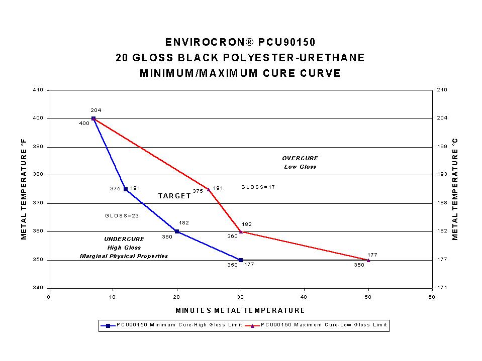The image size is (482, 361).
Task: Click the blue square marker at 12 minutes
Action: pyautogui.click(x=126, y=189)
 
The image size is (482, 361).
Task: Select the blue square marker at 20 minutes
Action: pyautogui.click(x=177, y=231)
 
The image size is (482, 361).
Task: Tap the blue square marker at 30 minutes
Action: pyautogui.click(x=241, y=260)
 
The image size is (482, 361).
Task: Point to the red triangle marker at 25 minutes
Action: pyautogui.click(x=209, y=189)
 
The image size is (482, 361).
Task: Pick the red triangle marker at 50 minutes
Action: pyautogui.click(x=368, y=260)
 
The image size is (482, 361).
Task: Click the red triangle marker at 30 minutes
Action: pyautogui.click(x=241, y=231)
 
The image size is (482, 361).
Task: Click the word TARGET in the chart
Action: pyautogui.click(x=174, y=196)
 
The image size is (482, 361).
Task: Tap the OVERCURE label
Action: pyautogui.click(x=300, y=158)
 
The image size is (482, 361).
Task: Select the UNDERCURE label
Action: pyautogui.click(x=124, y=239)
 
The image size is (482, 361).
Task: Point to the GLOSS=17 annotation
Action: pyautogui.click(x=258, y=187)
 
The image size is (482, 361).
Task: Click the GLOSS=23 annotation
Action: pyautogui.click(x=122, y=215)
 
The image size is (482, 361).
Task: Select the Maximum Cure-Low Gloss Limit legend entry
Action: pyautogui.click(x=318, y=325)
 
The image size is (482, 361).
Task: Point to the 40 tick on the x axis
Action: pyautogui.click(x=304, y=296)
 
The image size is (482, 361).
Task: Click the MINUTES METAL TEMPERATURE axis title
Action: pyautogui.click(x=240, y=310)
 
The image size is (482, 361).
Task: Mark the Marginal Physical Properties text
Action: pyautogui.click(x=124, y=256)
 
